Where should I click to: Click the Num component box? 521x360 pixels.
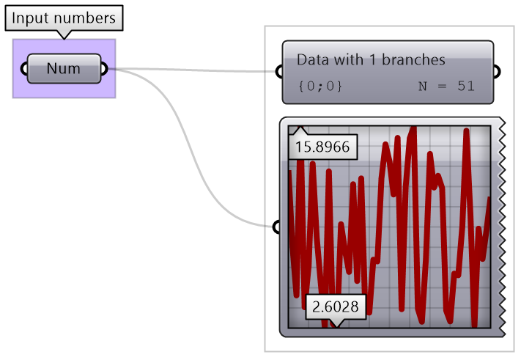pyautogui.click(x=64, y=69)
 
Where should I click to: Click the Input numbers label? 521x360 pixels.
pyautogui.click(x=64, y=18)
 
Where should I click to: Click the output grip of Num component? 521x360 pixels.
pyautogui.click(x=104, y=69)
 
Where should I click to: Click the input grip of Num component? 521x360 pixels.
pyautogui.click(x=25, y=69)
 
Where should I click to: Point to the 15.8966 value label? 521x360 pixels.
pyautogui.click(x=322, y=147)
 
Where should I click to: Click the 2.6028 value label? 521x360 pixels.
pyautogui.click(x=335, y=306)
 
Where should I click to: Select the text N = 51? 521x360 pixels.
pyautogui.click(x=446, y=86)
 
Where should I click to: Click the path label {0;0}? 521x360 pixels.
pyautogui.click(x=320, y=86)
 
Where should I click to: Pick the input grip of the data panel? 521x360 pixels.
pyautogui.click(x=278, y=72)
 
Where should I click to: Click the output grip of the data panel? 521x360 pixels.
pyautogui.click(x=497, y=72)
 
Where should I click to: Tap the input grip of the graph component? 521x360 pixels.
pyautogui.click(x=276, y=227)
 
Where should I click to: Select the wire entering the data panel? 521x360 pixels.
pyautogui.click(x=198, y=71)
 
